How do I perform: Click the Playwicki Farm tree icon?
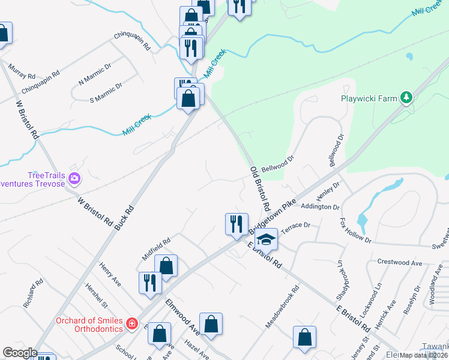tap(407, 97)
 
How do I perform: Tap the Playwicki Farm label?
tap(368, 98)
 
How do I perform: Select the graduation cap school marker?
tap(266, 239)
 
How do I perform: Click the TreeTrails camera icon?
tap(74, 178)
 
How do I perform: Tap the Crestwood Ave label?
tap(400, 262)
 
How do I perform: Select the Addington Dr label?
tap(320, 206)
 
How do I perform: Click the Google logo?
tap(19, 353)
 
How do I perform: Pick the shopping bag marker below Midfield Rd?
tap(166, 266)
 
